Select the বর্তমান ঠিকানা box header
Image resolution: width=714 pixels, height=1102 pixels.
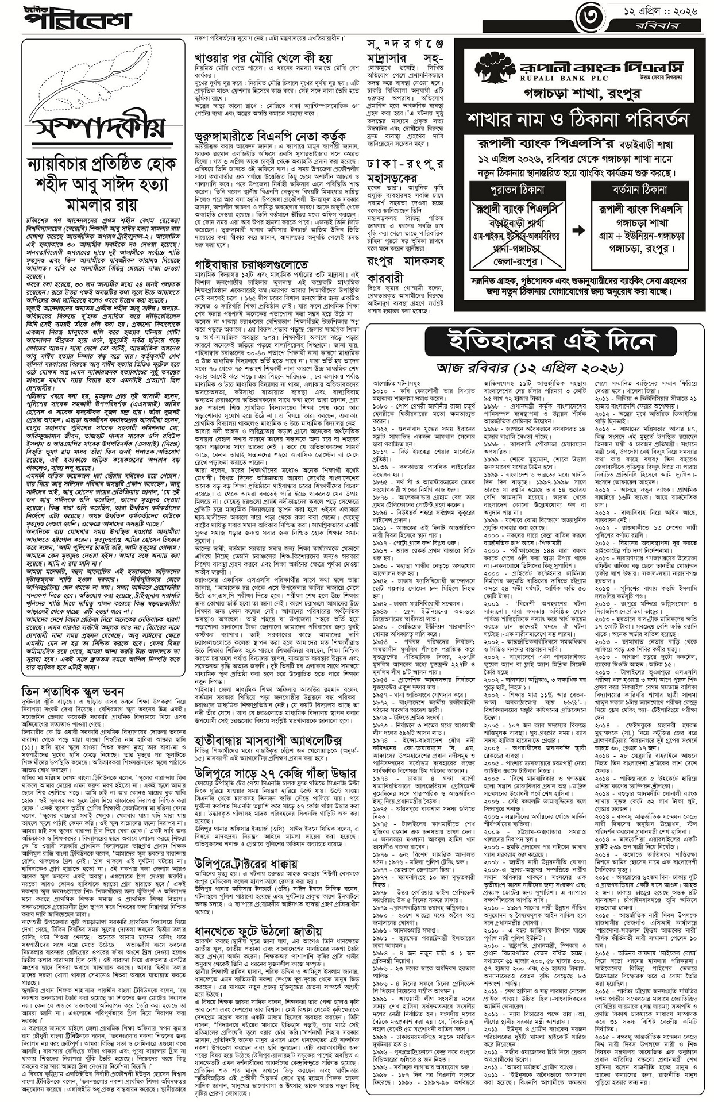[640, 190]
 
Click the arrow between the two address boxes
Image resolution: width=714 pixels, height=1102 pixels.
[578, 230]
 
